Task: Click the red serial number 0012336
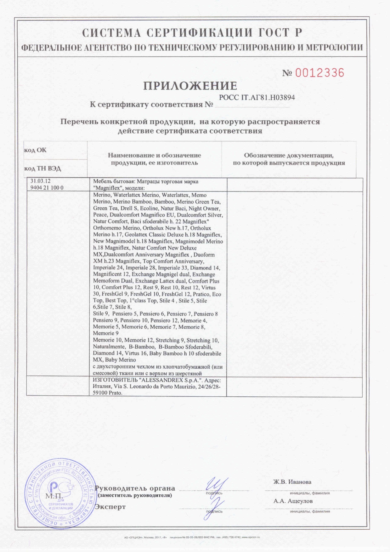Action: point(319,73)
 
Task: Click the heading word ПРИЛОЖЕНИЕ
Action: point(190,86)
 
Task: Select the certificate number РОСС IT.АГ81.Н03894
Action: point(257,98)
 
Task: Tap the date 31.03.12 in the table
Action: point(40,181)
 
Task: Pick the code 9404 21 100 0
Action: point(47,188)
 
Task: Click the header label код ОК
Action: point(35,150)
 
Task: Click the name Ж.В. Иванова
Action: point(292,482)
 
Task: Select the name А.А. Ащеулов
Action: point(293,501)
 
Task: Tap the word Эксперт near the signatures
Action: point(110,507)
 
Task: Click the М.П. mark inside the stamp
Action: point(54,496)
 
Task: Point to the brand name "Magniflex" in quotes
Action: point(106,188)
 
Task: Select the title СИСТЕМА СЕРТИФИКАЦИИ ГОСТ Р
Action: point(192,33)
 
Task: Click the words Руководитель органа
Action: point(135,488)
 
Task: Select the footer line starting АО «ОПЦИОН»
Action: point(192,537)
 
